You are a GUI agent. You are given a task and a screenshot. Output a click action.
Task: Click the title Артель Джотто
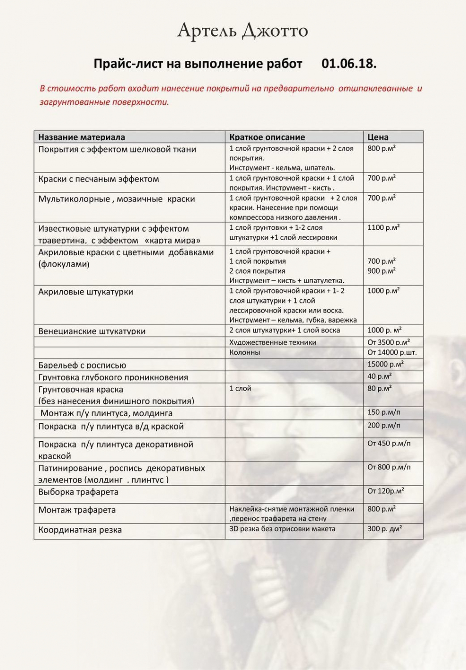click(x=242, y=31)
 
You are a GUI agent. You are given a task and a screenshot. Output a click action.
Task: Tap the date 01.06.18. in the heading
click(x=349, y=64)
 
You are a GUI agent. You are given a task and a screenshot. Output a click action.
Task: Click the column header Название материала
click(x=82, y=137)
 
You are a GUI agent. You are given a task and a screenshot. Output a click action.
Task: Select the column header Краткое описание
click(x=267, y=137)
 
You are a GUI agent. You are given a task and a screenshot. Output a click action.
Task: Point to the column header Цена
click(x=378, y=137)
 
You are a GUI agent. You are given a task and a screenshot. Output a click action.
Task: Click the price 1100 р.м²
click(x=383, y=227)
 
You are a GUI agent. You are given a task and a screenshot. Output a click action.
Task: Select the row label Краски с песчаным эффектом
click(x=99, y=179)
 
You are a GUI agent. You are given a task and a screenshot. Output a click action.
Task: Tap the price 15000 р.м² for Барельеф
click(x=385, y=364)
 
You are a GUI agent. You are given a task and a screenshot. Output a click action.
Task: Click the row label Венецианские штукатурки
click(x=92, y=331)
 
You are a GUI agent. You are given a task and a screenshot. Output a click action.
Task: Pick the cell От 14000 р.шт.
click(x=392, y=352)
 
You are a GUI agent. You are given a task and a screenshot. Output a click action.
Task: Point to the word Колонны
click(x=244, y=352)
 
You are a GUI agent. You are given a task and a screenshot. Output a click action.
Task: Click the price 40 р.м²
click(x=379, y=377)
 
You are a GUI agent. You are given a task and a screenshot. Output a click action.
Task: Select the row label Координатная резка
click(x=80, y=530)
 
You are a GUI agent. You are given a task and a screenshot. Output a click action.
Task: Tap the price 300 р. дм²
click(x=384, y=529)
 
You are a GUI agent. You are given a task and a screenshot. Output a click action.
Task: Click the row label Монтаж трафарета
click(x=77, y=510)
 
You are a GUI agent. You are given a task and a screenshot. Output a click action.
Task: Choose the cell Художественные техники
click(x=273, y=343)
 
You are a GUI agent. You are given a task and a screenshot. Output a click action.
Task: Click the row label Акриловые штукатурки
click(x=86, y=292)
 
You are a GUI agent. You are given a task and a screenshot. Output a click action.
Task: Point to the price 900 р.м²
click(x=381, y=271)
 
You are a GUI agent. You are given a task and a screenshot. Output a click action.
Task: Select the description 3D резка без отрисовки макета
click(x=282, y=529)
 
